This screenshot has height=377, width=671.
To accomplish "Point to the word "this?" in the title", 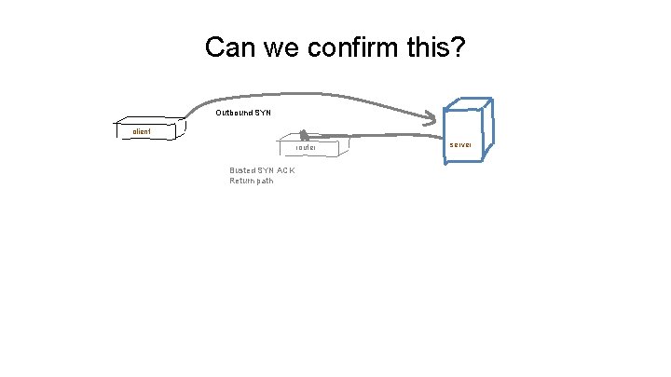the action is point(435,47).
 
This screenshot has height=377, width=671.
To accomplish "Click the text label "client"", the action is point(142,132).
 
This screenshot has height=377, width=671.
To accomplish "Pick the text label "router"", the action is point(306,148).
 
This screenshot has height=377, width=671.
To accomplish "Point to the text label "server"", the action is point(460,145).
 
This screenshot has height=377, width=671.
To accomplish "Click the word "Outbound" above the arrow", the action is point(233,113).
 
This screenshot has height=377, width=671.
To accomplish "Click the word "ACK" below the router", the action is point(285,170).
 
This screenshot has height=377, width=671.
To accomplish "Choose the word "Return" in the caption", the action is point(241,181).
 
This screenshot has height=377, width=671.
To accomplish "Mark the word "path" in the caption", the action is point(265,181).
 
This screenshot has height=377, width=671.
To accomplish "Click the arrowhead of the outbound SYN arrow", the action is point(431,118).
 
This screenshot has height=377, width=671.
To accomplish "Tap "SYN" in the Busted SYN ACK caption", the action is point(266,170).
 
